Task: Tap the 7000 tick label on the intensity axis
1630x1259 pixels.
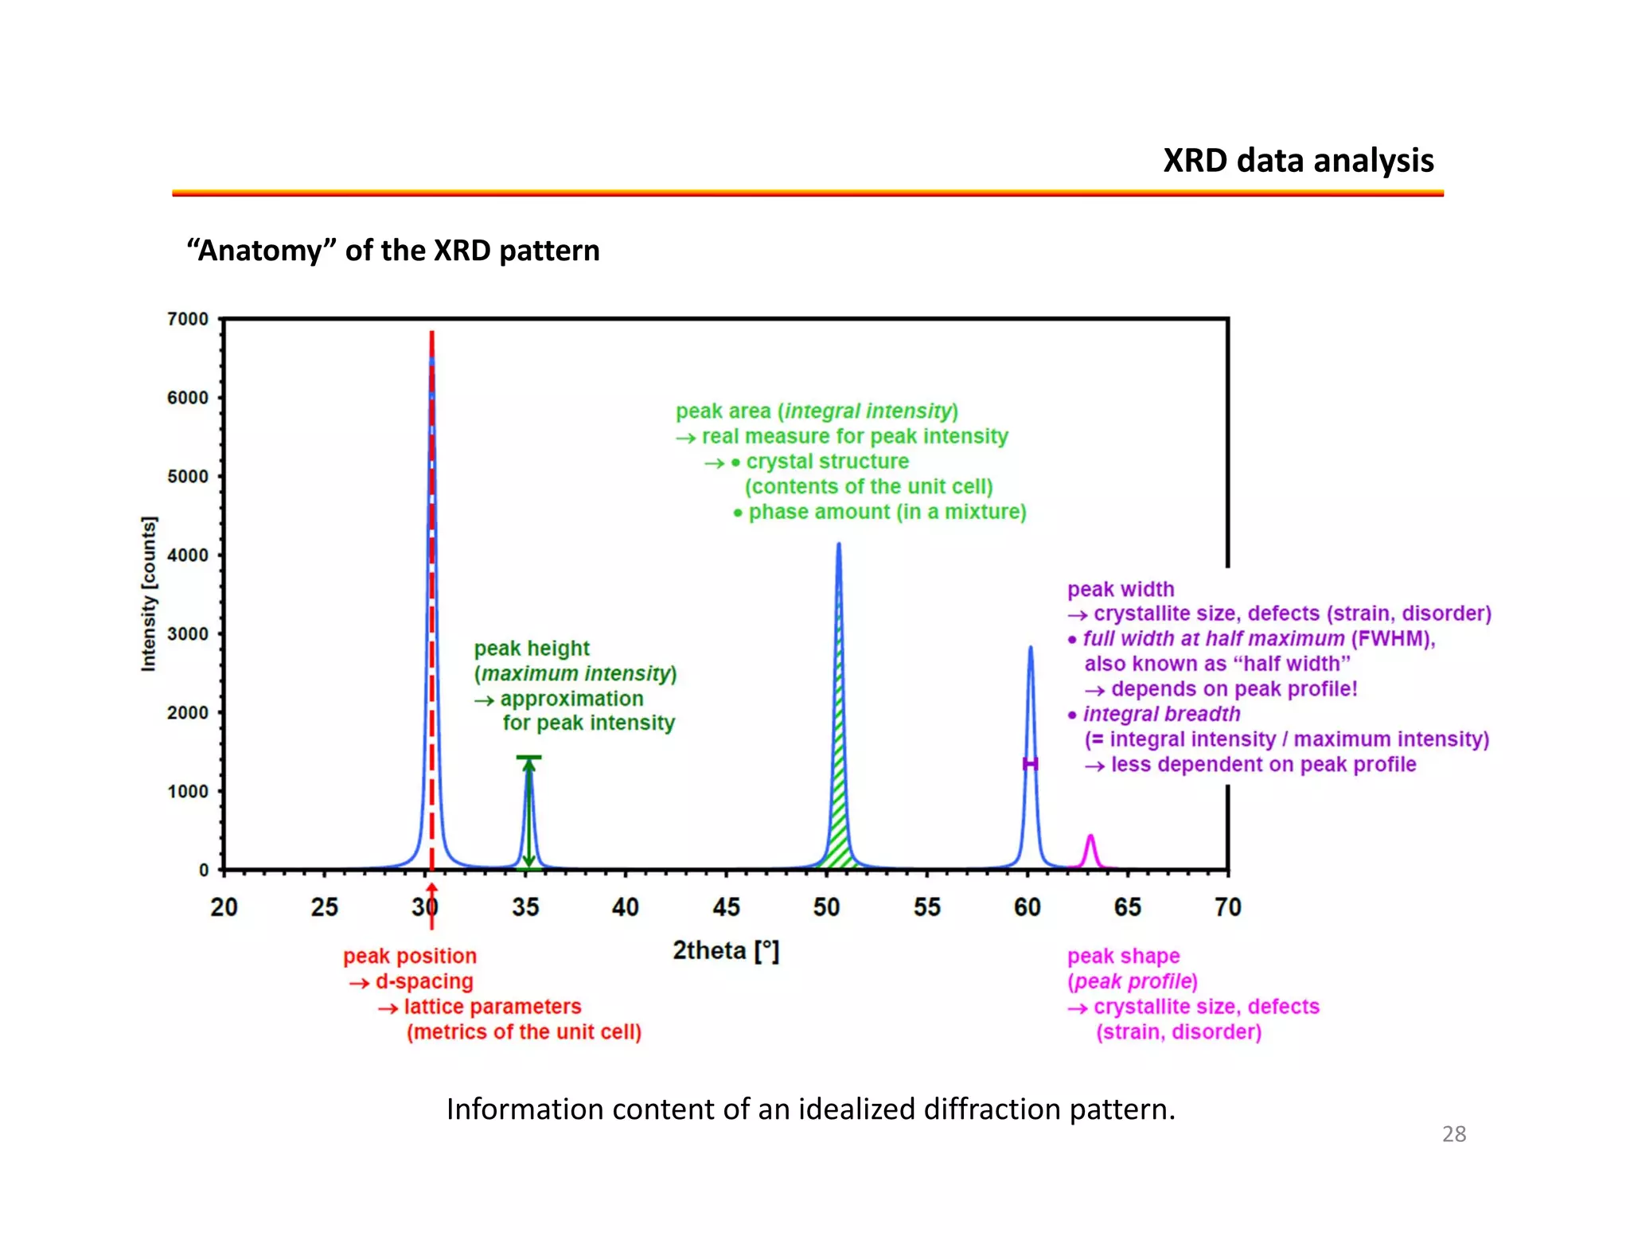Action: [188, 319]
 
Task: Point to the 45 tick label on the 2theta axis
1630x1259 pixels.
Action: [726, 907]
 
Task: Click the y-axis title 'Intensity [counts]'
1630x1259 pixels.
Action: [149, 594]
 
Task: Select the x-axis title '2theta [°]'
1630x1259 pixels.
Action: [726, 951]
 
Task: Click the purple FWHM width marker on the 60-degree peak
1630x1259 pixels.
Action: [1030, 764]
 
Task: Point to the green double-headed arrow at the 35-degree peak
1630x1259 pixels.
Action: [528, 812]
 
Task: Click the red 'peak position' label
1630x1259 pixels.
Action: [410, 956]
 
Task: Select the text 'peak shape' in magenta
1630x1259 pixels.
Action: [1123, 956]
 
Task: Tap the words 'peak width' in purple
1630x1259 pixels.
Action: [1121, 589]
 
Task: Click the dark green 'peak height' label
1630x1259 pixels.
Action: [532, 649]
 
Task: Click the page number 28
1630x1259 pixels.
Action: [1453, 1134]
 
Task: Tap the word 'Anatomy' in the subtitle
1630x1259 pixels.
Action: [260, 251]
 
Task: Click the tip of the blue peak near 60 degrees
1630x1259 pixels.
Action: [1030, 648]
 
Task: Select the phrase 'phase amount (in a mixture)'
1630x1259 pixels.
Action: [887, 512]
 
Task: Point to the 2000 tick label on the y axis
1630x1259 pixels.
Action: [188, 713]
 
